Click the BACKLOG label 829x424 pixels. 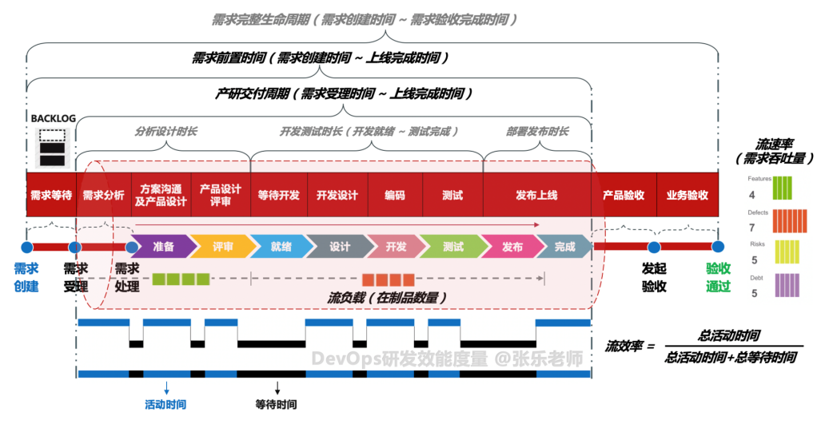pos(53,118)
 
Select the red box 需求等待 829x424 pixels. pos(50,195)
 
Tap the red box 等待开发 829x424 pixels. pos(279,195)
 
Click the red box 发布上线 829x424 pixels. pos(536,195)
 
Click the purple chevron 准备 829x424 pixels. pos(163,247)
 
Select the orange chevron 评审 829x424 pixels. pos(222,247)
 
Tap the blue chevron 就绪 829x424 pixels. pos(281,247)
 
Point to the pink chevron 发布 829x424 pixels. pos(512,247)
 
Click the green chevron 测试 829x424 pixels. pos(453,247)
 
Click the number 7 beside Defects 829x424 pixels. pos(751,228)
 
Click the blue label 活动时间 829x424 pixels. pos(165,405)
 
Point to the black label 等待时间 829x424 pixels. pos(277,405)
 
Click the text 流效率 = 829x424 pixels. pos(630,347)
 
